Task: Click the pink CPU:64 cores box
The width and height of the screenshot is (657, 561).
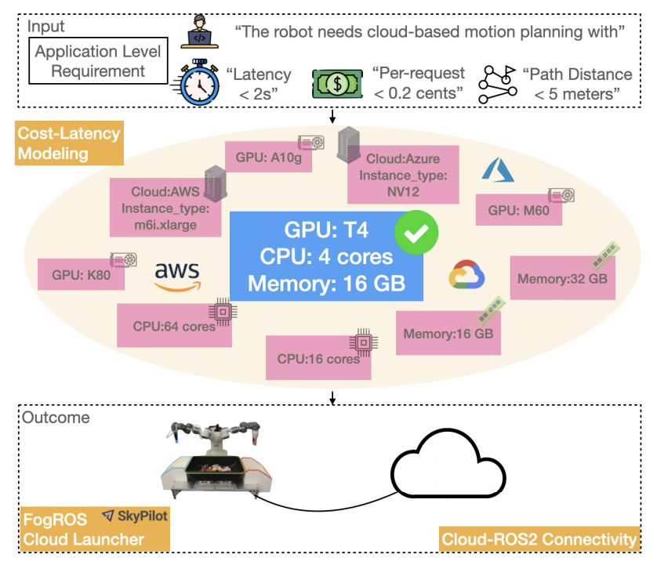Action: pos(174,325)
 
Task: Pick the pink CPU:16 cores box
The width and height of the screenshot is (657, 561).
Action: pos(318,359)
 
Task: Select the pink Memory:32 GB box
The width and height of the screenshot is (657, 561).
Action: pos(561,277)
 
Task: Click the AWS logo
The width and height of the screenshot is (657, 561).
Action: pos(177,276)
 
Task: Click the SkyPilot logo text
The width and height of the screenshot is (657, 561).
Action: pos(132,518)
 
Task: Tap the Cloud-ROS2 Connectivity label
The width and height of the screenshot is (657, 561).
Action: pos(540,540)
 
